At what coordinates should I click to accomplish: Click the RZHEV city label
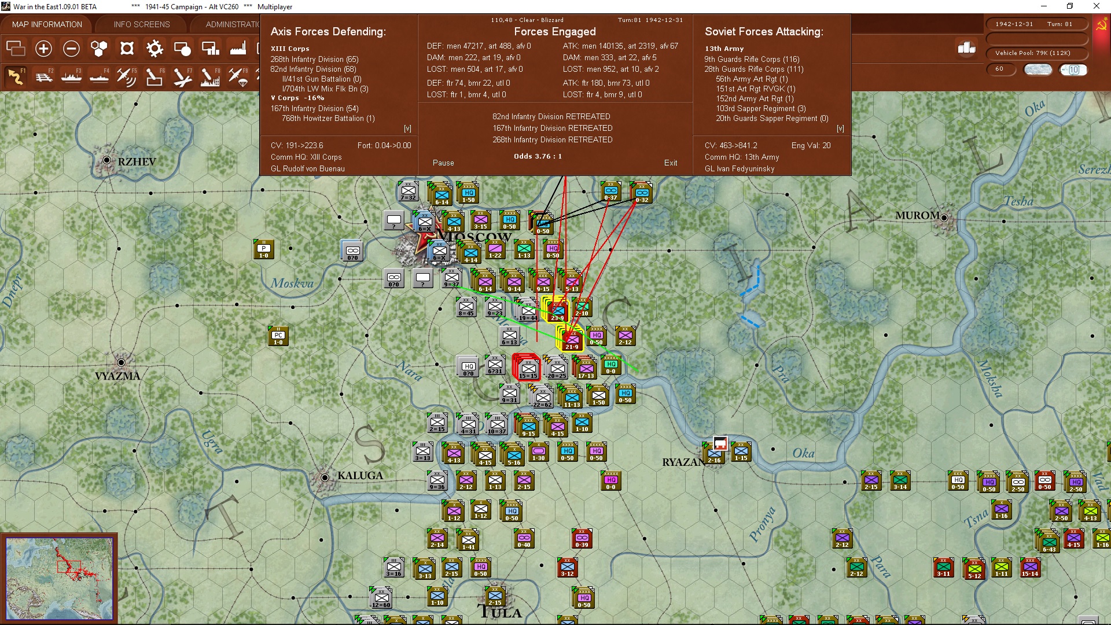tap(137, 161)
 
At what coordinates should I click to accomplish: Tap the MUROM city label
tap(917, 215)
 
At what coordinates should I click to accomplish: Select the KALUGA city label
tap(360, 476)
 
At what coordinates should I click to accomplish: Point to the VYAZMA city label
tap(117, 376)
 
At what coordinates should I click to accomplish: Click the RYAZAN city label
tap(683, 462)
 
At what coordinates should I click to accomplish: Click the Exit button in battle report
tap(670, 163)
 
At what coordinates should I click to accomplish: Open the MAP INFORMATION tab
tap(47, 24)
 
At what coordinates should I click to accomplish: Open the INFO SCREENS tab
tap(142, 24)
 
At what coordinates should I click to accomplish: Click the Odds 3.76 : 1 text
tap(538, 156)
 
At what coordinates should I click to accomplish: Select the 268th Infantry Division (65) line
tap(314, 60)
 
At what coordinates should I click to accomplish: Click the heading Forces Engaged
tap(554, 32)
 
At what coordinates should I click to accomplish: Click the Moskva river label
tap(292, 284)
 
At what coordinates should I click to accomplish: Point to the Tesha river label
tap(1018, 201)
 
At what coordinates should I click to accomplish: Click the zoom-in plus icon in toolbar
tap(43, 49)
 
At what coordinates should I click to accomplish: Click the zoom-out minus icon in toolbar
tap(71, 49)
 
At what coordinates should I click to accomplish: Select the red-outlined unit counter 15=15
tap(527, 367)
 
